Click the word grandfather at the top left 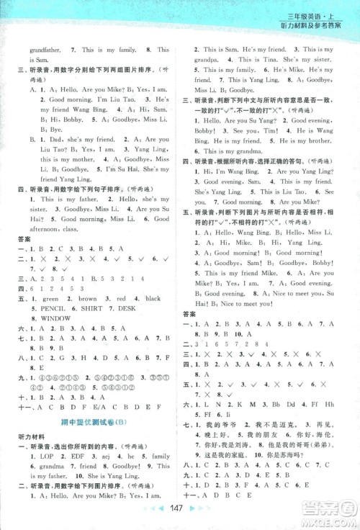tap(27, 49)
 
